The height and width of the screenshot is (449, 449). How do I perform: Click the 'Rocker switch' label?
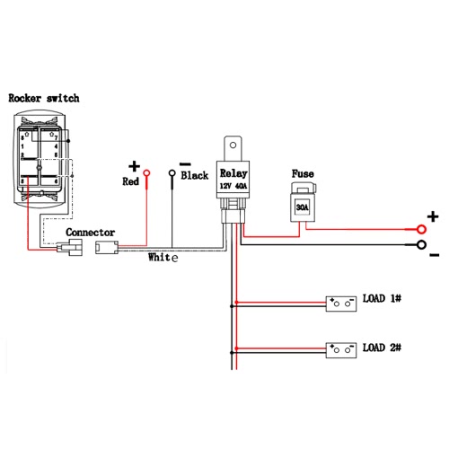pyautogui.click(x=44, y=98)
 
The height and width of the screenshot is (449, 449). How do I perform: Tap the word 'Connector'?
pyautogui.click(x=90, y=233)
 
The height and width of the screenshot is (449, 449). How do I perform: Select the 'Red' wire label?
pyautogui.click(x=130, y=181)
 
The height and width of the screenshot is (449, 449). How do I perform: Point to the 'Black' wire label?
pyautogui.click(x=194, y=175)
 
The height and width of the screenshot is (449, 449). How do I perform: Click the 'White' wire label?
pyautogui.click(x=163, y=257)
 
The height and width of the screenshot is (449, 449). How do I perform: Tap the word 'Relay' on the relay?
pyautogui.click(x=233, y=173)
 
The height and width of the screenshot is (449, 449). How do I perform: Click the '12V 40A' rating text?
pyautogui.click(x=233, y=186)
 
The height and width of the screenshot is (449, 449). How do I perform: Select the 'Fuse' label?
pyautogui.click(x=303, y=173)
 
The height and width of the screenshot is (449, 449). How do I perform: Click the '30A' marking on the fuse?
pyautogui.click(x=303, y=207)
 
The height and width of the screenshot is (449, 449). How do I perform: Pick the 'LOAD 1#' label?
pyautogui.click(x=382, y=298)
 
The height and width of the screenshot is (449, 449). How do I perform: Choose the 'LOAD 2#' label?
pyautogui.click(x=382, y=348)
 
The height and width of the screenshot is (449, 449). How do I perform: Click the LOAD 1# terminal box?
pyautogui.click(x=341, y=304)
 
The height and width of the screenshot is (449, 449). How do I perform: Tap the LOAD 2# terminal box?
pyautogui.click(x=341, y=350)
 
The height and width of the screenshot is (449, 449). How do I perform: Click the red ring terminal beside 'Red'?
pyautogui.click(x=146, y=173)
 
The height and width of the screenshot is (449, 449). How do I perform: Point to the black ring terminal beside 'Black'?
pyautogui.click(x=172, y=173)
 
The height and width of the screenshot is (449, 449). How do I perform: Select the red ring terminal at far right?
pyautogui.click(x=421, y=230)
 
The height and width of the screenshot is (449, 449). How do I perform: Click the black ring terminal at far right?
pyautogui.click(x=421, y=245)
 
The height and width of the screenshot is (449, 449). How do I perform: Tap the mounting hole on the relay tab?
pyautogui.click(x=233, y=145)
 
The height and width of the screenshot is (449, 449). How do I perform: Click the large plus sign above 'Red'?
pyautogui.click(x=134, y=166)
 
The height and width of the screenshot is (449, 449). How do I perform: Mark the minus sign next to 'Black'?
pyautogui.click(x=185, y=164)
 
